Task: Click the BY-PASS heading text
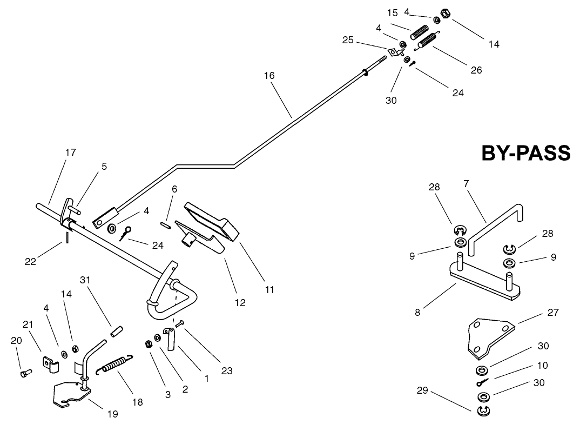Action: pyautogui.click(x=525, y=153)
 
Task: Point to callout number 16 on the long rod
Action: pyautogui.click(x=269, y=76)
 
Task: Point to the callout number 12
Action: pyautogui.click(x=240, y=303)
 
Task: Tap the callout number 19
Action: pyautogui.click(x=112, y=414)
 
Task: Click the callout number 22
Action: pyautogui.click(x=30, y=261)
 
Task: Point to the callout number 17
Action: pyautogui.click(x=71, y=153)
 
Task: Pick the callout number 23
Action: pyautogui.click(x=226, y=371)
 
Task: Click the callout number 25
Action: pyautogui.click(x=348, y=40)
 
